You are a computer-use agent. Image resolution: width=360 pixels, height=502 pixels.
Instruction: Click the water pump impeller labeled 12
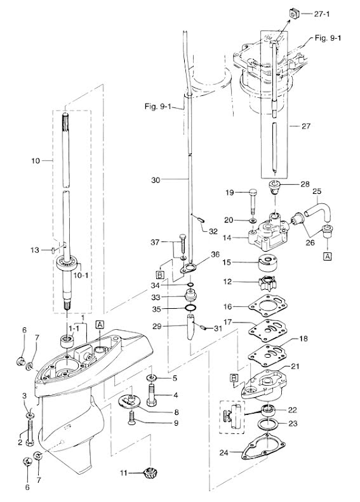pyautogui.click(x=267, y=283)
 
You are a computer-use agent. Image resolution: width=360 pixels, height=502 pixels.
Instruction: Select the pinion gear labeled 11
pyautogui.click(x=150, y=471)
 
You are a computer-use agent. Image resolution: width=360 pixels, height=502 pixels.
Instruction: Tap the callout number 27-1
pyautogui.click(x=322, y=14)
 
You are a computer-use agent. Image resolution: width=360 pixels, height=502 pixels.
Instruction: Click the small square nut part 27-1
pyautogui.click(x=294, y=14)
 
